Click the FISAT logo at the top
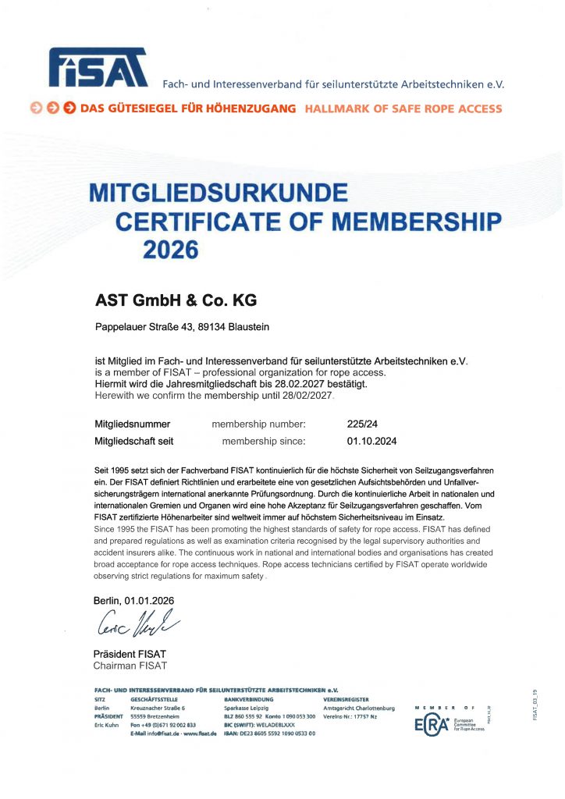point(98,67)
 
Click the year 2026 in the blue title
point(172,250)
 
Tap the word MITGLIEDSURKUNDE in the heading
point(219,192)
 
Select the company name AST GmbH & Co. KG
point(176,300)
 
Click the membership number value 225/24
point(363,424)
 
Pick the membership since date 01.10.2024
point(372,441)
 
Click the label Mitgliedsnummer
point(132,424)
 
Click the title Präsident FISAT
point(130,654)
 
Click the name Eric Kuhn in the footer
point(105,725)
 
